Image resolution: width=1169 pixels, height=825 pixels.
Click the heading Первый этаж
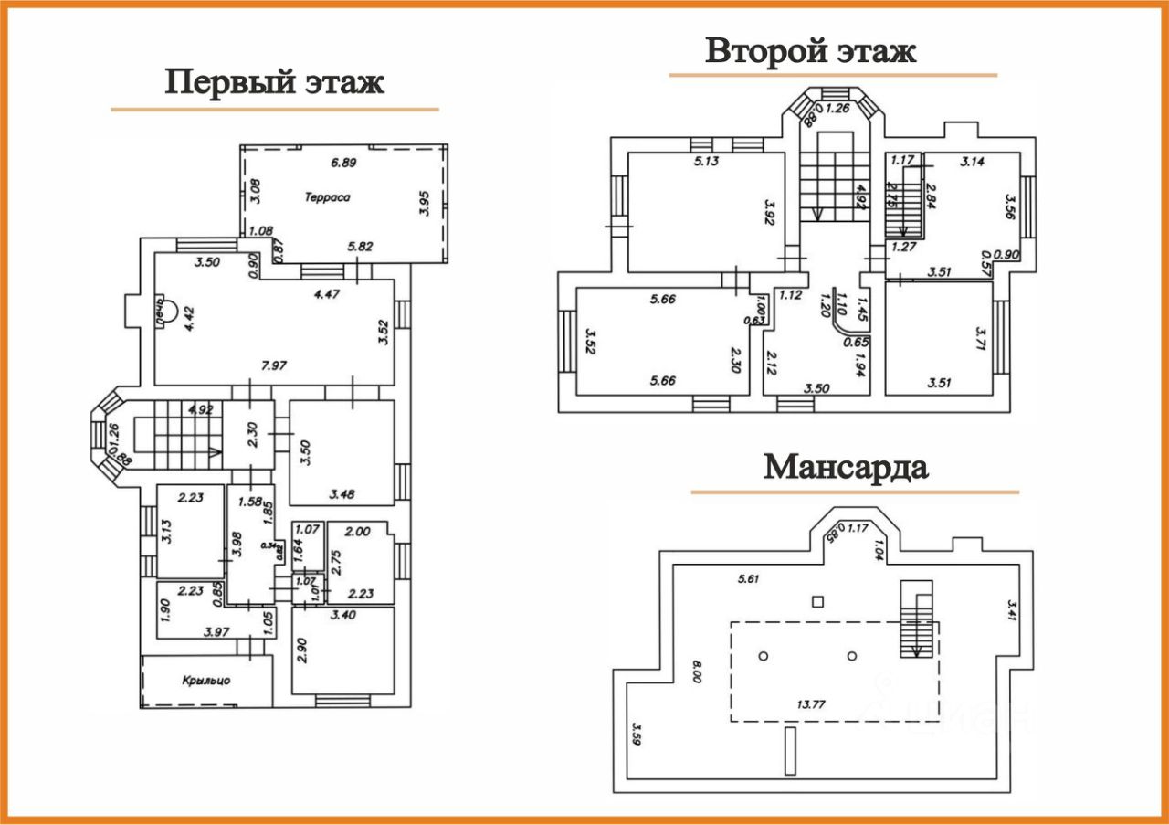(274, 82)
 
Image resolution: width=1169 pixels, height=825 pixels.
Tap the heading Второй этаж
(810, 51)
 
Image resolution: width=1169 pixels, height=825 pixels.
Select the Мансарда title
(846, 467)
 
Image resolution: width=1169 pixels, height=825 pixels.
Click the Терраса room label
(329, 196)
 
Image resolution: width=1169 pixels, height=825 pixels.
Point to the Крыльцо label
(206, 680)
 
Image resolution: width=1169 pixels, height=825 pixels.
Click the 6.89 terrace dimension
(343, 163)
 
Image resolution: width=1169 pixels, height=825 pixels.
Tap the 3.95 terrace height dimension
(423, 201)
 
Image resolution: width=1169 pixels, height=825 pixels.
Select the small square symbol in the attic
(818, 600)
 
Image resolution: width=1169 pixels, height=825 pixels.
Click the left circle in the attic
(764, 656)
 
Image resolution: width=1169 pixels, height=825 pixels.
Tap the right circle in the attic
(851, 656)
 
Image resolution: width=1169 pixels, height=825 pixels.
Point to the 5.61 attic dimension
(749, 578)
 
